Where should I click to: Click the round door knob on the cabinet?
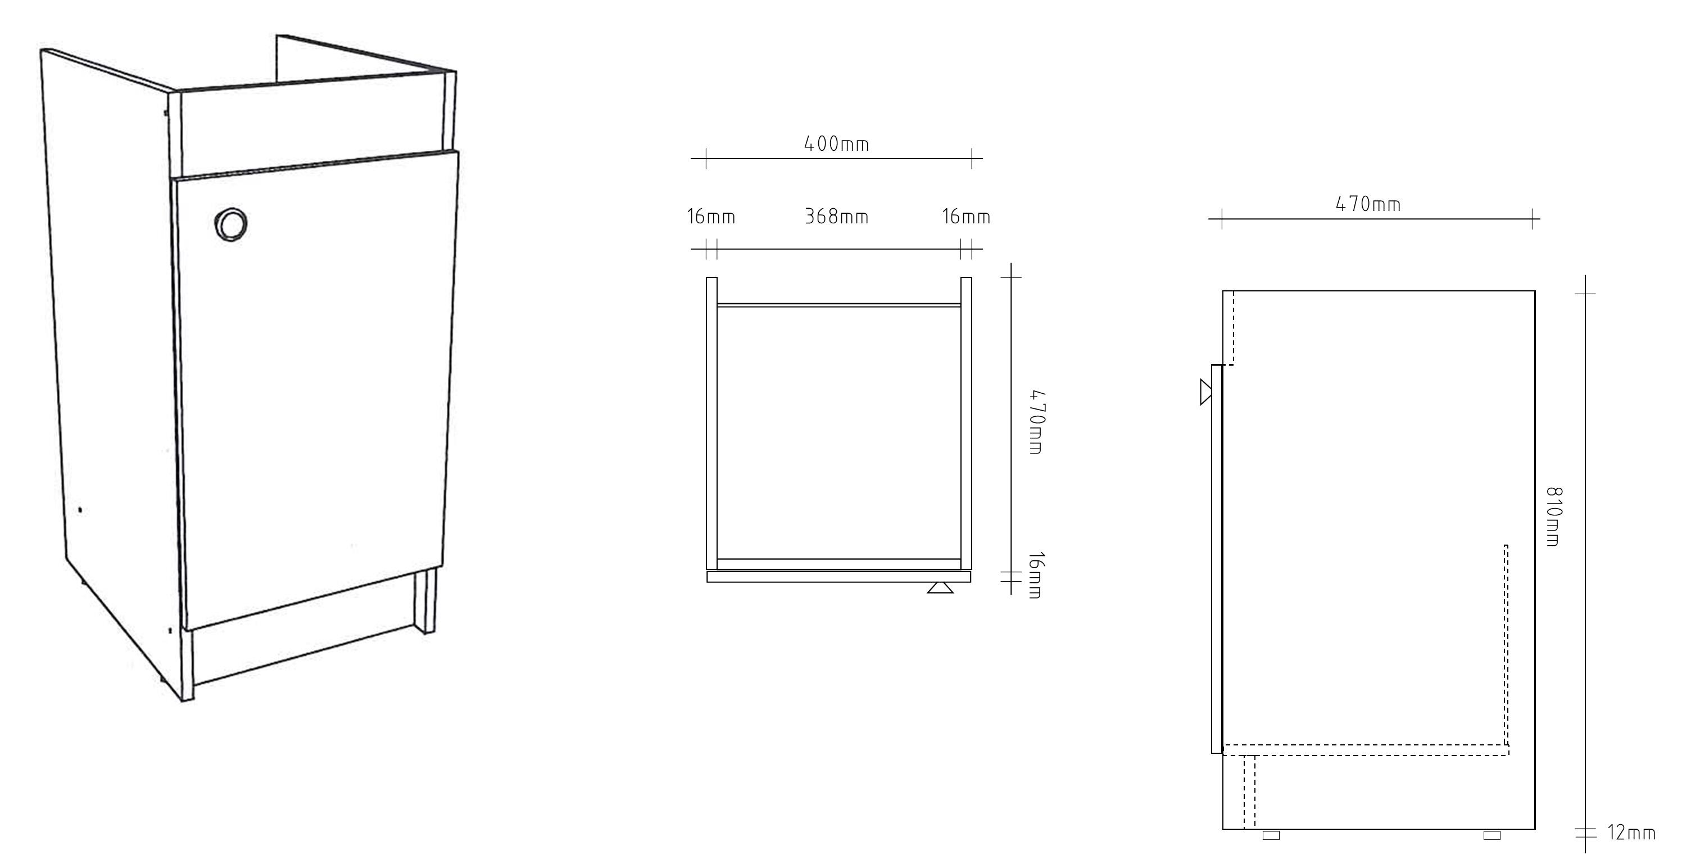tap(231, 224)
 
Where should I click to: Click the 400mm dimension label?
tap(836, 143)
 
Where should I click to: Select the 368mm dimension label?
tap(836, 216)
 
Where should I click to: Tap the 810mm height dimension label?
tap(1554, 516)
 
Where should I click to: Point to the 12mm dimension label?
tap(1631, 832)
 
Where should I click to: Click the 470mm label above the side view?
tap(1368, 204)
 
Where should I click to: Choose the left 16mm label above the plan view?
tap(711, 216)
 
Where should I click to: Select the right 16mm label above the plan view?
tap(965, 216)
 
